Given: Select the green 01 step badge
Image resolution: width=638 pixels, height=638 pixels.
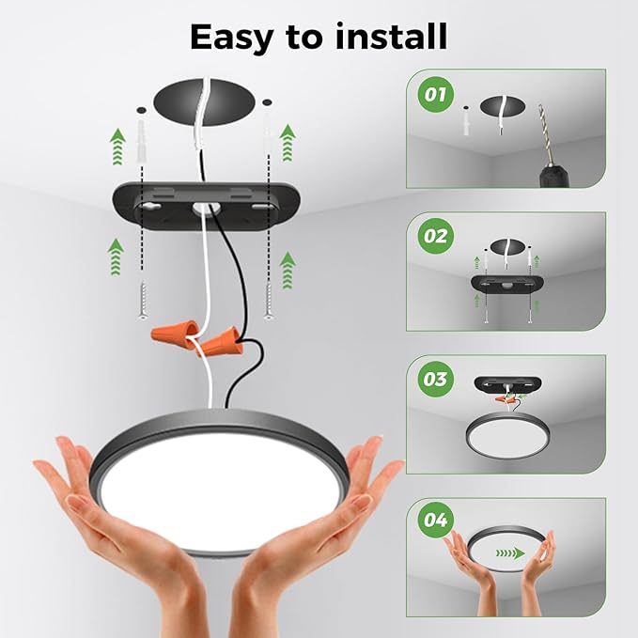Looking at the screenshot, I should pos(435,95).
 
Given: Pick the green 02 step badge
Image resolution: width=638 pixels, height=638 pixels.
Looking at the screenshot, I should pos(435,236).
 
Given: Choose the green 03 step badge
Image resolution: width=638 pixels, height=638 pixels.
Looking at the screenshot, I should pos(435,380).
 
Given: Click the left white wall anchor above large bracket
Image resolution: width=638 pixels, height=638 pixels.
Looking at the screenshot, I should pos(142,131).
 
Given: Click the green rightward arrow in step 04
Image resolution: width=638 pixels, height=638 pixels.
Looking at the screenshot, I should pos(509,553).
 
